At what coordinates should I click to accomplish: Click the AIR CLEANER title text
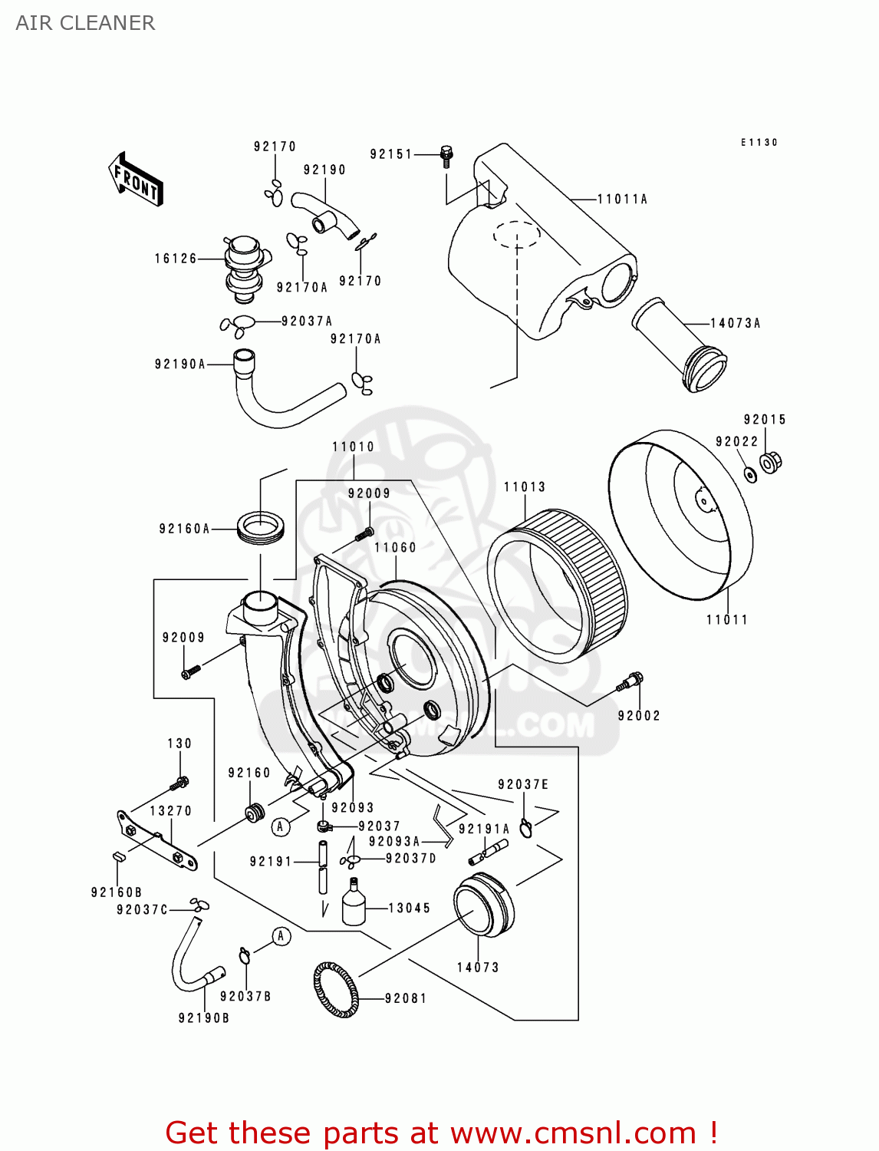(x=85, y=23)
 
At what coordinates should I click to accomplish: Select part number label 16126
(x=176, y=259)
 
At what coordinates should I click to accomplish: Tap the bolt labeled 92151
(x=446, y=156)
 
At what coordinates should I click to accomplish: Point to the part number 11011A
(x=622, y=200)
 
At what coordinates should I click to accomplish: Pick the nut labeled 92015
(x=770, y=462)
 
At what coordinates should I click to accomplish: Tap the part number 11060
(x=395, y=548)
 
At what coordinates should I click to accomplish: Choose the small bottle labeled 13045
(x=353, y=903)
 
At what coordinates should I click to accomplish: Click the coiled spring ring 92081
(x=336, y=990)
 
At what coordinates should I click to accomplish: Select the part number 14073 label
(x=478, y=968)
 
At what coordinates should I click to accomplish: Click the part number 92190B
(x=204, y=1018)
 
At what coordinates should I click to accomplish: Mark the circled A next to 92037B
(x=281, y=936)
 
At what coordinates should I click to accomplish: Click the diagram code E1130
(x=759, y=143)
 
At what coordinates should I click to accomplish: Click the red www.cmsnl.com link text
(x=572, y=1133)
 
